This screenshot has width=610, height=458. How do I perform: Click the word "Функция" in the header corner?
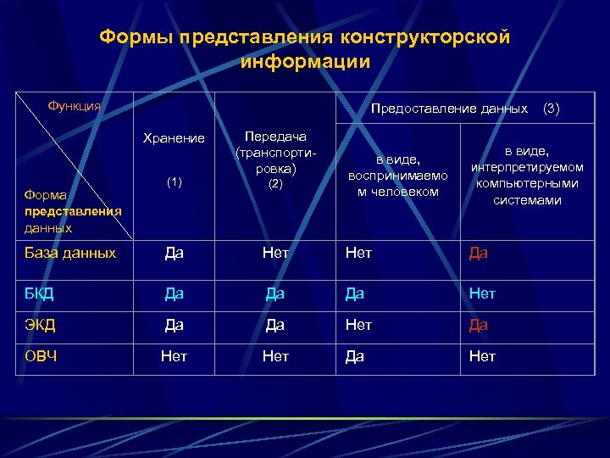[74, 106]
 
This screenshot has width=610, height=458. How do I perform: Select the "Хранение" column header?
[174, 138]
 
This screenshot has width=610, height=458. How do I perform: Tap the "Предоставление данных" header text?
[449, 109]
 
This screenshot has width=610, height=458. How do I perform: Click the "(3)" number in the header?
[551, 109]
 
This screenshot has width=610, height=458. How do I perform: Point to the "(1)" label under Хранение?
[174, 182]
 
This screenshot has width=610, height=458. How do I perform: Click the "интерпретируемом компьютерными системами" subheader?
[527, 176]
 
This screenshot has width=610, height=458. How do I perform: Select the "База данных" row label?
[70, 253]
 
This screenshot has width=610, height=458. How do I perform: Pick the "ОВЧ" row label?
[42, 356]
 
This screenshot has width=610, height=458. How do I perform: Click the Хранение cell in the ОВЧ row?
[174, 357]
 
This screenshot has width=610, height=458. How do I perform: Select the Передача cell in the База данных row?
[275, 253]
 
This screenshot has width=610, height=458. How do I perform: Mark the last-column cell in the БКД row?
[482, 293]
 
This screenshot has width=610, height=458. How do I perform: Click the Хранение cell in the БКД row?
[174, 293]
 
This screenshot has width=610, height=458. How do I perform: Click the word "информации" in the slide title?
[305, 62]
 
